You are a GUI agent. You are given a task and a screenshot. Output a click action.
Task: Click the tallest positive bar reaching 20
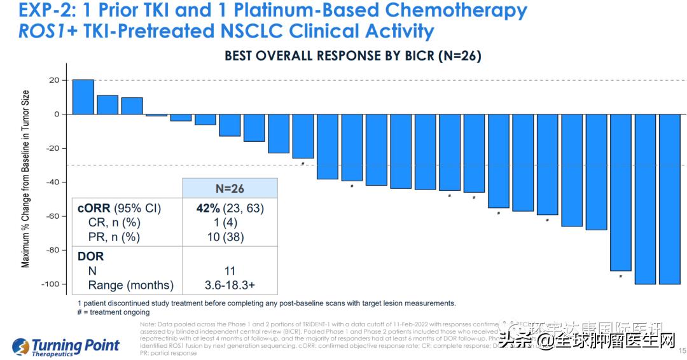tap(83, 97)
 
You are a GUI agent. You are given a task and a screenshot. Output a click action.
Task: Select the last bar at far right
tap(669, 198)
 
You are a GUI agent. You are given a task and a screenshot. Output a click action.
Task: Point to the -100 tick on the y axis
tap(50, 284)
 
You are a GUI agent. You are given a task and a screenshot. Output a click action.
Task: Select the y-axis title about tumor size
tap(26, 179)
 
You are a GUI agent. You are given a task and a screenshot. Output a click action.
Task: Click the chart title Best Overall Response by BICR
tap(352, 56)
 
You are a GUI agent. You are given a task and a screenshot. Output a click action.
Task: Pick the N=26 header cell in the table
tap(230, 189)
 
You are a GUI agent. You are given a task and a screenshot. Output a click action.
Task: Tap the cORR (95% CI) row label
tap(120, 208)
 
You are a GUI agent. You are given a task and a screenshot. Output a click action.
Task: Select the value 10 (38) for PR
tap(230, 237)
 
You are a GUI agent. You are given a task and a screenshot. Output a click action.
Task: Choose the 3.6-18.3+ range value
tap(230, 286)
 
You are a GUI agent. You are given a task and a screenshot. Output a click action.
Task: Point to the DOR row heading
tap(90, 256)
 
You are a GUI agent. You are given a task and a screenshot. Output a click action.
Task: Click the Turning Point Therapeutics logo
tap(66, 347)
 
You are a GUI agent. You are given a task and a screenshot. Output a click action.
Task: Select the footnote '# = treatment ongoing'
tap(113, 312)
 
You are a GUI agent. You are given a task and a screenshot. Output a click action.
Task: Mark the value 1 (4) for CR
tap(230, 223)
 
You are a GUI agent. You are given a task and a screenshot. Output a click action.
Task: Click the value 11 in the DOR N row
tap(230, 271)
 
